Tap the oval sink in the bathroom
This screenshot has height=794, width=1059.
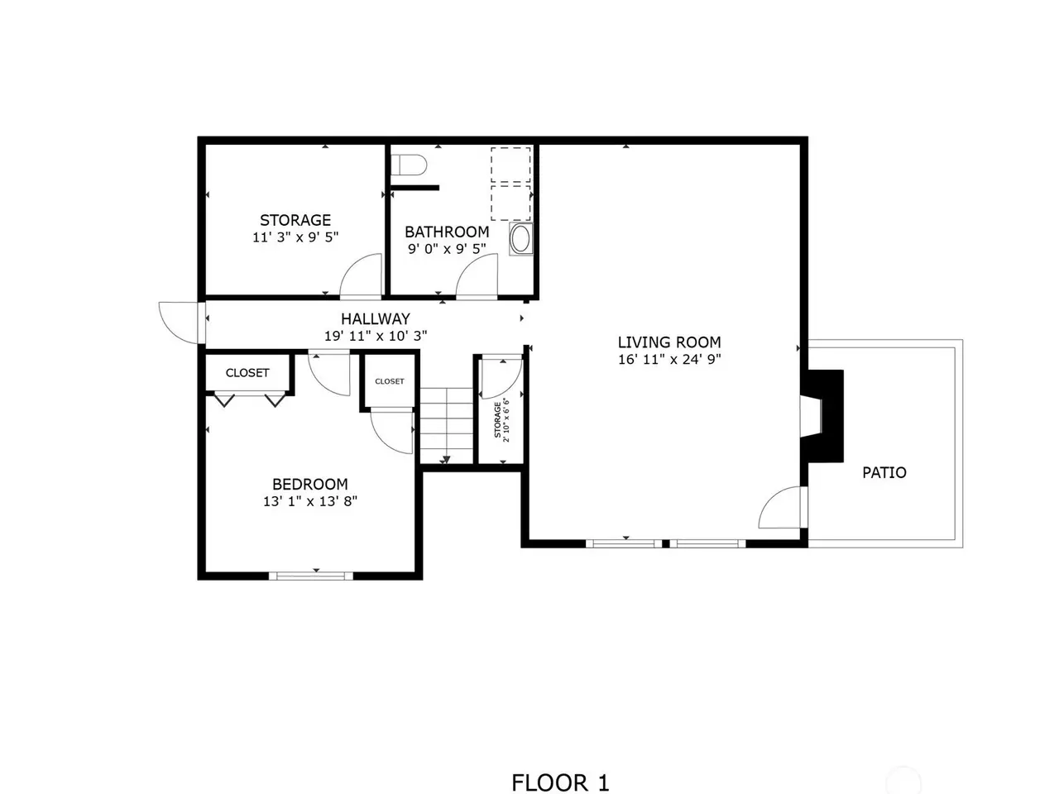(x=520, y=239)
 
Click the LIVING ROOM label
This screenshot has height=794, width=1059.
(x=669, y=342)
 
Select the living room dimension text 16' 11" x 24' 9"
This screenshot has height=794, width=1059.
(x=669, y=359)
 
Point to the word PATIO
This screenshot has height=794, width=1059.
(x=884, y=472)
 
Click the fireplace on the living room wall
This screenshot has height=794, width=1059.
(x=822, y=416)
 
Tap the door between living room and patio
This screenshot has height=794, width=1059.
(x=783, y=507)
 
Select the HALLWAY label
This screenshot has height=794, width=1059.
(x=376, y=318)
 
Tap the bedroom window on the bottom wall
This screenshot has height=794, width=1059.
(x=311, y=576)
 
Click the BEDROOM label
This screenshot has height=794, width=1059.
(x=309, y=484)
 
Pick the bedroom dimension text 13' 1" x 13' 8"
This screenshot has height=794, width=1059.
(x=309, y=501)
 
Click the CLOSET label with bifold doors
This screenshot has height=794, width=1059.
(x=247, y=373)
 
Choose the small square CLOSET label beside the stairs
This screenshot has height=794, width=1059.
(x=390, y=381)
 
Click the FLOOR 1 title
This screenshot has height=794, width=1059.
(x=560, y=783)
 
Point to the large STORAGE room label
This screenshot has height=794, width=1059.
(x=295, y=220)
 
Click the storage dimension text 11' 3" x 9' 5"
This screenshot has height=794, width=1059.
(x=295, y=237)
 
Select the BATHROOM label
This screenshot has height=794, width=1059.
(x=447, y=232)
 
